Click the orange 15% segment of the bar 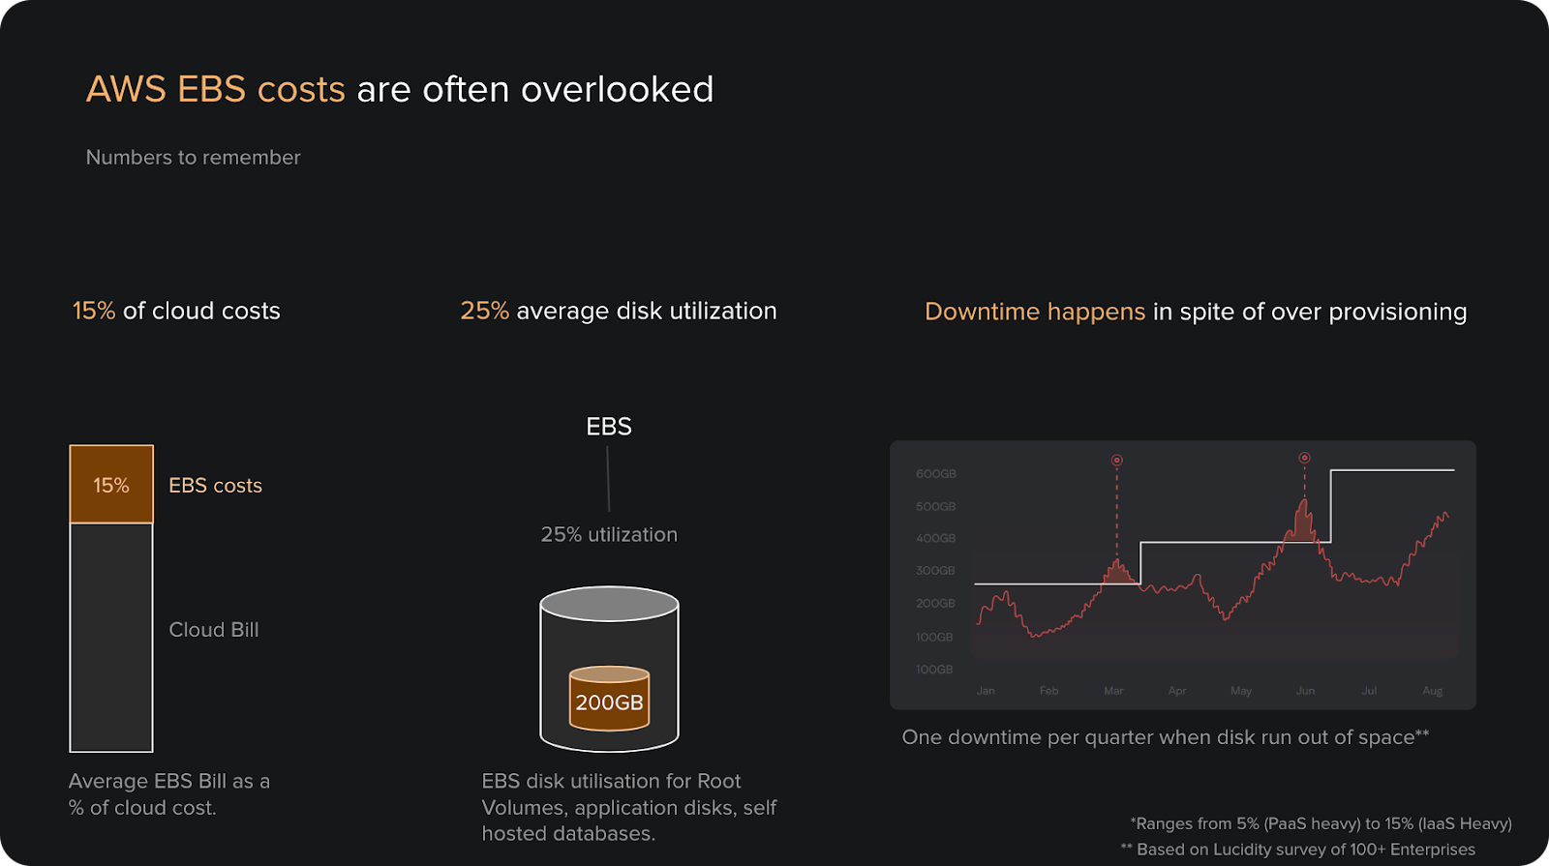pos(111,485)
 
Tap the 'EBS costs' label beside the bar pos(215,486)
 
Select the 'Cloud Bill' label pos(214,630)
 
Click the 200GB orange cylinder pos(609,702)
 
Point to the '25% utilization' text pos(609,534)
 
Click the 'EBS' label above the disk pos(609,427)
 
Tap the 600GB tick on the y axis pos(935,474)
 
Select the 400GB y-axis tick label pos(935,538)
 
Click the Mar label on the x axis pos(1113,691)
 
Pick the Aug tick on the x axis pos(1432,691)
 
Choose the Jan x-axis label pos(986,691)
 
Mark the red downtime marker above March pos(1116,461)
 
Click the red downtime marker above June pos(1304,458)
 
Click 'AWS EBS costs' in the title pos(215,90)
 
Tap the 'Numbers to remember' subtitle pos(193,158)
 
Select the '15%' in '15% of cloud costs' pos(93,311)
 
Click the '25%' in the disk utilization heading pos(484,311)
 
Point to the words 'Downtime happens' pos(1034,312)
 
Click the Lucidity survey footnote pos(1297,850)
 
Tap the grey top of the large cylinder pos(609,604)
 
